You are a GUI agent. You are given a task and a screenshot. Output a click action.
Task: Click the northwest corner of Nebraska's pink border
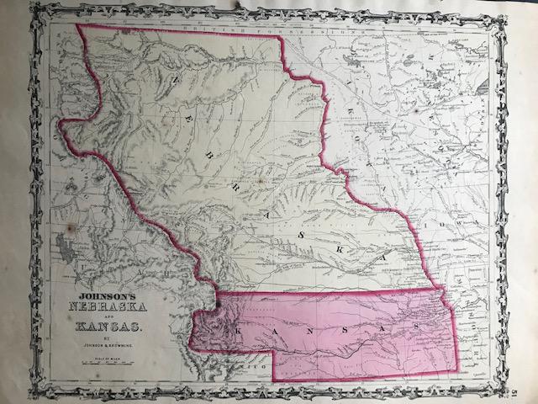[x=77, y=24]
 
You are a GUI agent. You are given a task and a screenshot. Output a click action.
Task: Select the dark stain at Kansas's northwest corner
[x=217, y=304]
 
